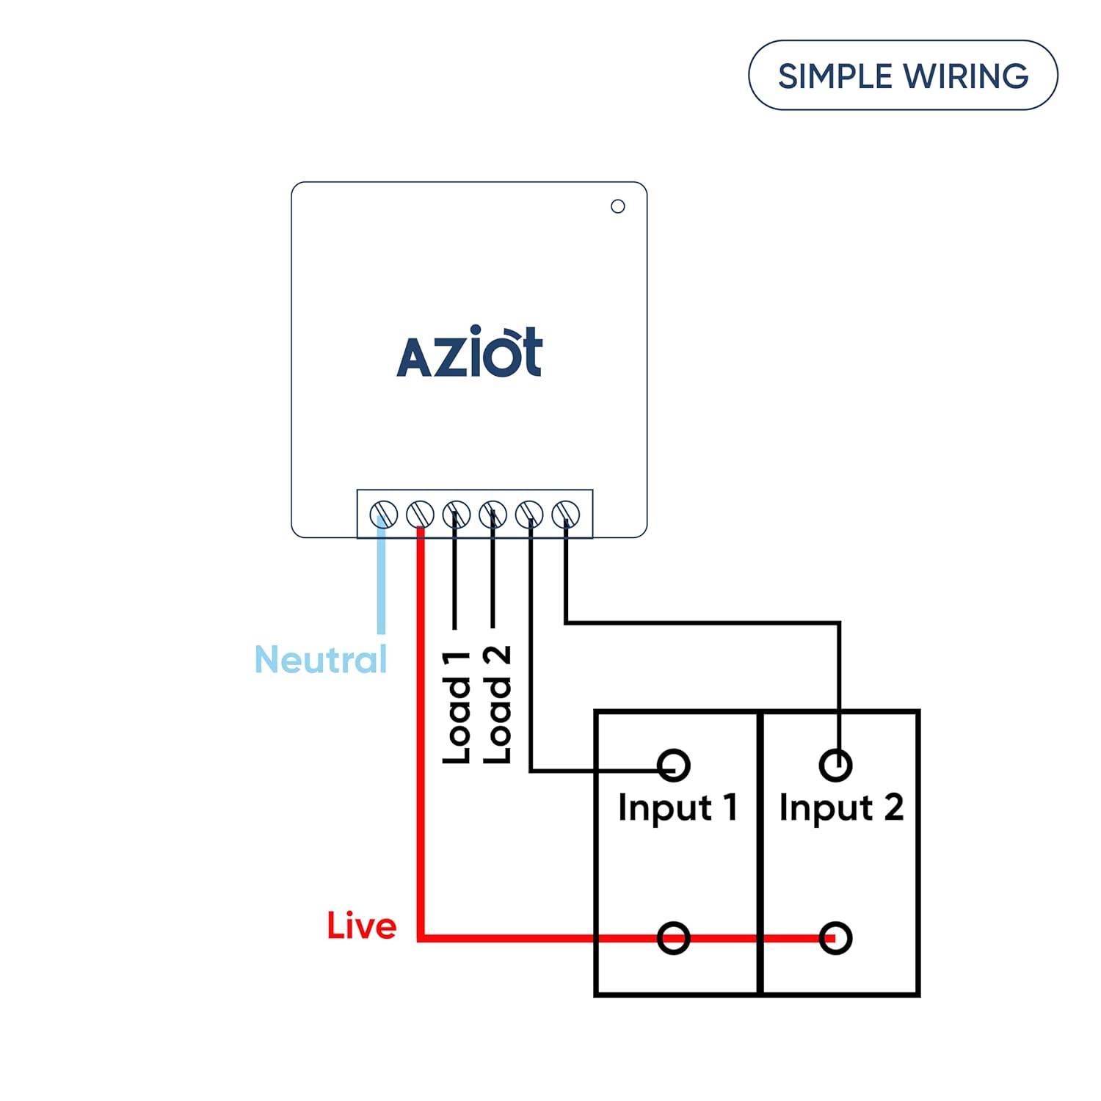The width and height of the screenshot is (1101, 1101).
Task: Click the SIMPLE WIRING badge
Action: click(902, 76)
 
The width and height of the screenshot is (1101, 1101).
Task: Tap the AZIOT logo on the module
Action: click(469, 352)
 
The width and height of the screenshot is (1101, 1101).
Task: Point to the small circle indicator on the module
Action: click(618, 206)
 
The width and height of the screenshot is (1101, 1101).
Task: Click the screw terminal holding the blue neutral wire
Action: click(383, 514)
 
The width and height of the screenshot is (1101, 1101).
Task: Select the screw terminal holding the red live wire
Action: click(420, 514)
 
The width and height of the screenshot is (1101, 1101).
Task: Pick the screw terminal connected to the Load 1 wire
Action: click(457, 514)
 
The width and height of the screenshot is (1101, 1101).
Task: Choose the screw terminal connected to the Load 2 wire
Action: click(493, 514)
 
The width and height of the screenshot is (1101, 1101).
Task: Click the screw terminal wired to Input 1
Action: click(529, 514)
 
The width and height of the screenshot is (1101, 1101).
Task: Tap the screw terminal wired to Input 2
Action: click(566, 514)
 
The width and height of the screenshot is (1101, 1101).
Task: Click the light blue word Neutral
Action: click(321, 659)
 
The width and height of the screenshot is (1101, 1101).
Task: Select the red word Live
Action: click(361, 926)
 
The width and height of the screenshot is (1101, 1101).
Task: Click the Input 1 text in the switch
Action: click(677, 807)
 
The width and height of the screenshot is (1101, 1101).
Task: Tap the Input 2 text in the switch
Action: click(840, 807)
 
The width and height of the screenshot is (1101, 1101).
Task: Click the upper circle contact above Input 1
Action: click(674, 765)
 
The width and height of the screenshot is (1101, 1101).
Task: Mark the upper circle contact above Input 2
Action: click(835, 765)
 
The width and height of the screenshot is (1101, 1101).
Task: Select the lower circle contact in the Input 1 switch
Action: click(674, 937)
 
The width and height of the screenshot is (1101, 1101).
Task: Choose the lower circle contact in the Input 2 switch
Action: click(835, 937)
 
